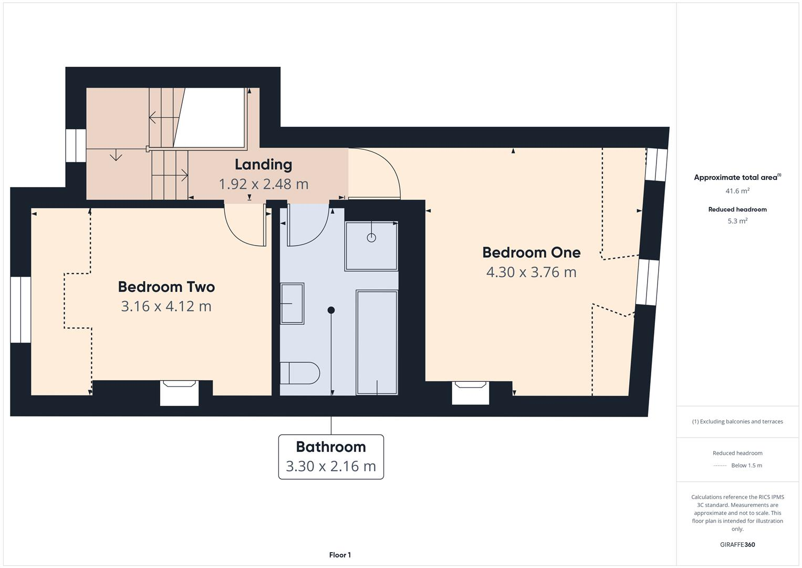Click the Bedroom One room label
click(x=531, y=252)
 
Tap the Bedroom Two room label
click(x=166, y=287)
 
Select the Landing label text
click(x=263, y=165)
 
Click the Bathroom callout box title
click(x=330, y=447)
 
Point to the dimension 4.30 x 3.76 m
click(x=531, y=272)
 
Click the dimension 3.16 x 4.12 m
click(x=166, y=306)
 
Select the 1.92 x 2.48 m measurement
click(x=263, y=184)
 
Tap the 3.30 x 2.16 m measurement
click(x=330, y=466)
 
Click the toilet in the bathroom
click(x=299, y=373)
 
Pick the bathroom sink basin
click(x=292, y=303)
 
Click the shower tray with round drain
click(x=371, y=246)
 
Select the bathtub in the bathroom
click(x=377, y=342)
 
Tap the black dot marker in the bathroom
click(x=331, y=310)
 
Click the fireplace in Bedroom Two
click(x=179, y=393)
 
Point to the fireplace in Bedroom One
click(x=471, y=393)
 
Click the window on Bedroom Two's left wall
click(x=21, y=309)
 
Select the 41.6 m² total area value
click(x=737, y=191)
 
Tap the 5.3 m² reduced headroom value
click(x=737, y=221)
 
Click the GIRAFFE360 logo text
click(x=737, y=545)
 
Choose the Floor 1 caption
click(x=340, y=555)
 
